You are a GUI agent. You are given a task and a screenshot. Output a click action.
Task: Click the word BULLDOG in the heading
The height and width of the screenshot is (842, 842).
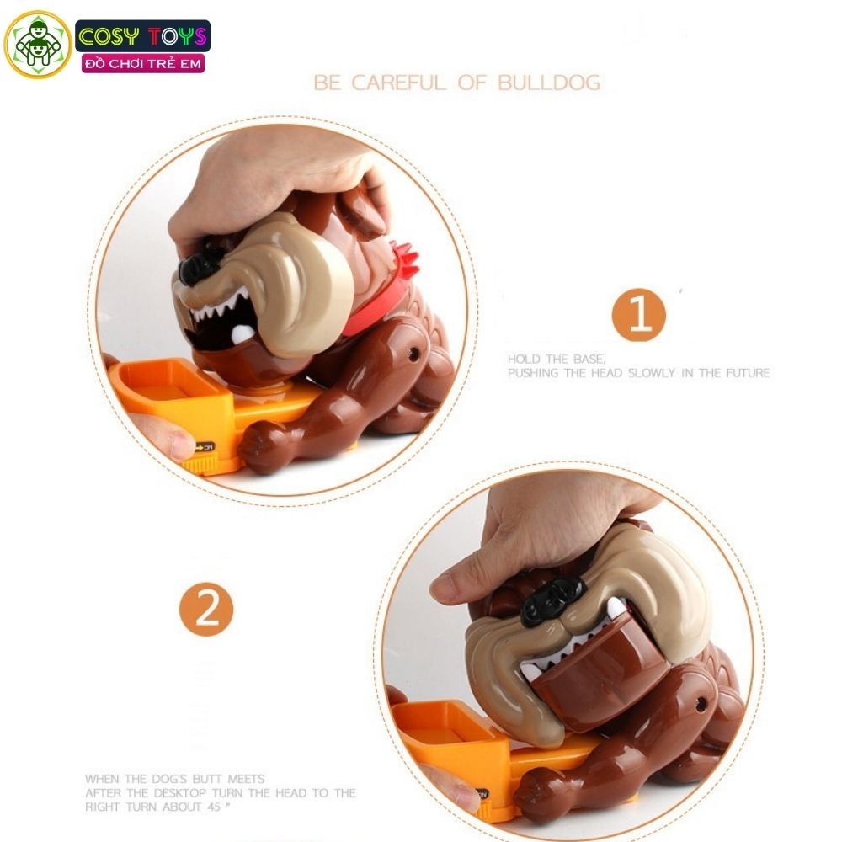coord(548,83)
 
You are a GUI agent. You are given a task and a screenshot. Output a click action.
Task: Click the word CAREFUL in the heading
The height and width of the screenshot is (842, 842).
coord(399,83)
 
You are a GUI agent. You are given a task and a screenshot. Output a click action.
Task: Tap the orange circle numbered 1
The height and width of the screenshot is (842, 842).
coord(638,315)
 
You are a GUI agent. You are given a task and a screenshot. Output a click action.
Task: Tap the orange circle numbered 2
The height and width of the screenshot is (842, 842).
coord(206,609)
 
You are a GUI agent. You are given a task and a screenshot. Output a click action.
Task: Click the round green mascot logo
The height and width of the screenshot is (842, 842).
coord(38,45)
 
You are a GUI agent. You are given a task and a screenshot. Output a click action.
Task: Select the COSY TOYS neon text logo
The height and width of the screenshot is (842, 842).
coord(143,36)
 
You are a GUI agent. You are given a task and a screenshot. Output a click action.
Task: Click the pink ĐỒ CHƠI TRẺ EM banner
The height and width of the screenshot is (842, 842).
coord(143,64)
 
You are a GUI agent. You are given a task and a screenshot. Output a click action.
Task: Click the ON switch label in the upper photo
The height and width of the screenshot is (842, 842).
coord(204,447)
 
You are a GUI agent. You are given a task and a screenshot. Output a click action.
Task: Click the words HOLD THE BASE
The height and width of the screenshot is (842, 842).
coord(557,359)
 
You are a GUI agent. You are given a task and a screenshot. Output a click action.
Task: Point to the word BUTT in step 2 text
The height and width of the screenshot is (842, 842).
coord(205,779)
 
